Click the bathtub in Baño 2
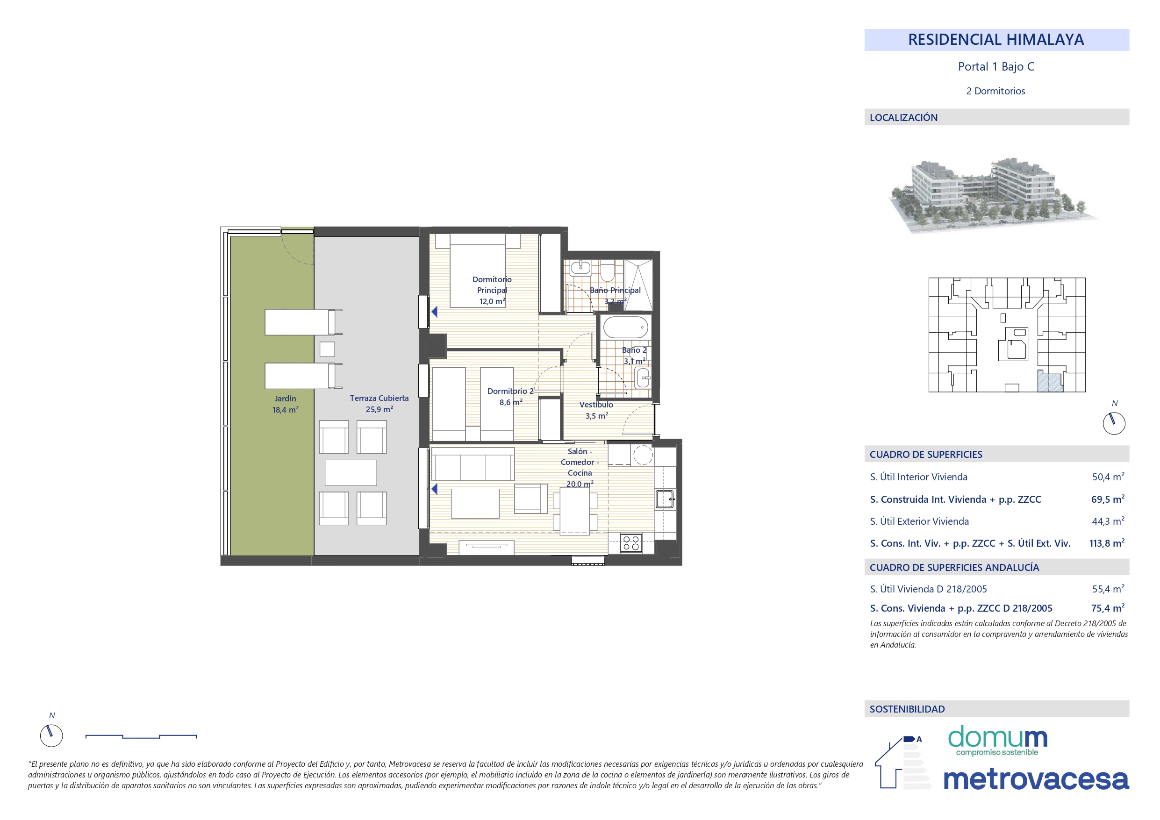pos(625,328)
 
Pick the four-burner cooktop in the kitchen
pos(631,543)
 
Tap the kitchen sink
pos(665,499)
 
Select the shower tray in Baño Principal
pos(638,285)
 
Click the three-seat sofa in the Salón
pos(473,464)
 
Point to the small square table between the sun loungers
pos(327,349)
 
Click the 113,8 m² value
pos(1106,543)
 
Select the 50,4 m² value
pos(1108,477)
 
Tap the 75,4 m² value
pos(1108,608)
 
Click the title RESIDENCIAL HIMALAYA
pos(996,39)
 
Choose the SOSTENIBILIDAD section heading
pos(907,709)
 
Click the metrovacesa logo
pos(1036,779)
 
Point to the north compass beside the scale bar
pos(51,735)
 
